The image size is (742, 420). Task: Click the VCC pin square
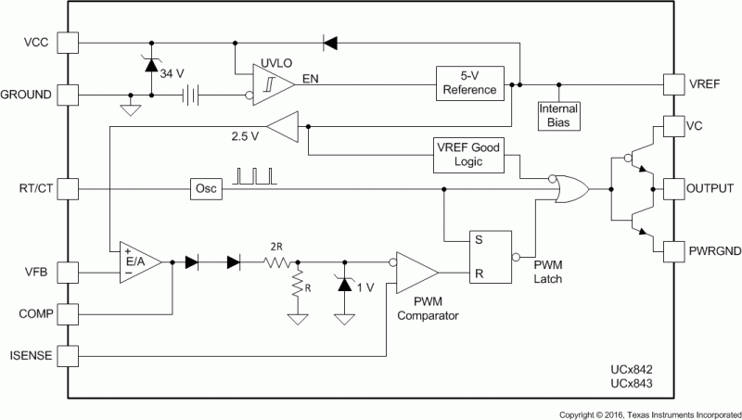69,42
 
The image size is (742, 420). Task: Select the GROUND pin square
69,95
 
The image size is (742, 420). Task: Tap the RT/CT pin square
69,189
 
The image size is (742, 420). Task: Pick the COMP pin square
69,313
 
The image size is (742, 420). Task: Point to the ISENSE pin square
69,355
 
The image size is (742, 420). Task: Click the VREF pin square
673,83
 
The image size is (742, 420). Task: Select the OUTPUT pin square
673,188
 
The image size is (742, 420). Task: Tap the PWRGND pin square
673,249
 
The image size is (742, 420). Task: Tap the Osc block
204,189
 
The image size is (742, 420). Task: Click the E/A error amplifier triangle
137,262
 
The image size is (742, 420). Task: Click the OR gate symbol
568,188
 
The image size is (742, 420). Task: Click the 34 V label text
173,71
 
